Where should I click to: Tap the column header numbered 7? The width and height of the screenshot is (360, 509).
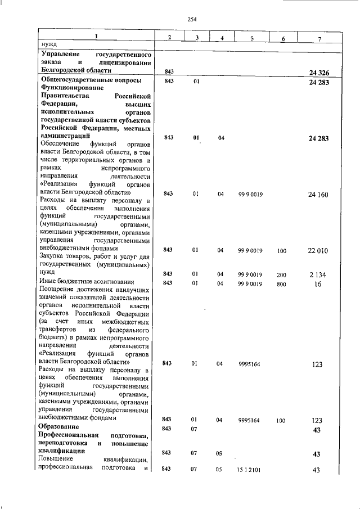(x=319, y=38)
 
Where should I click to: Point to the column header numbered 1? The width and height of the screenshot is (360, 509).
(x=96, y=37)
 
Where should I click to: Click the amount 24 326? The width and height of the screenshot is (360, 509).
(x=319, y=72)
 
